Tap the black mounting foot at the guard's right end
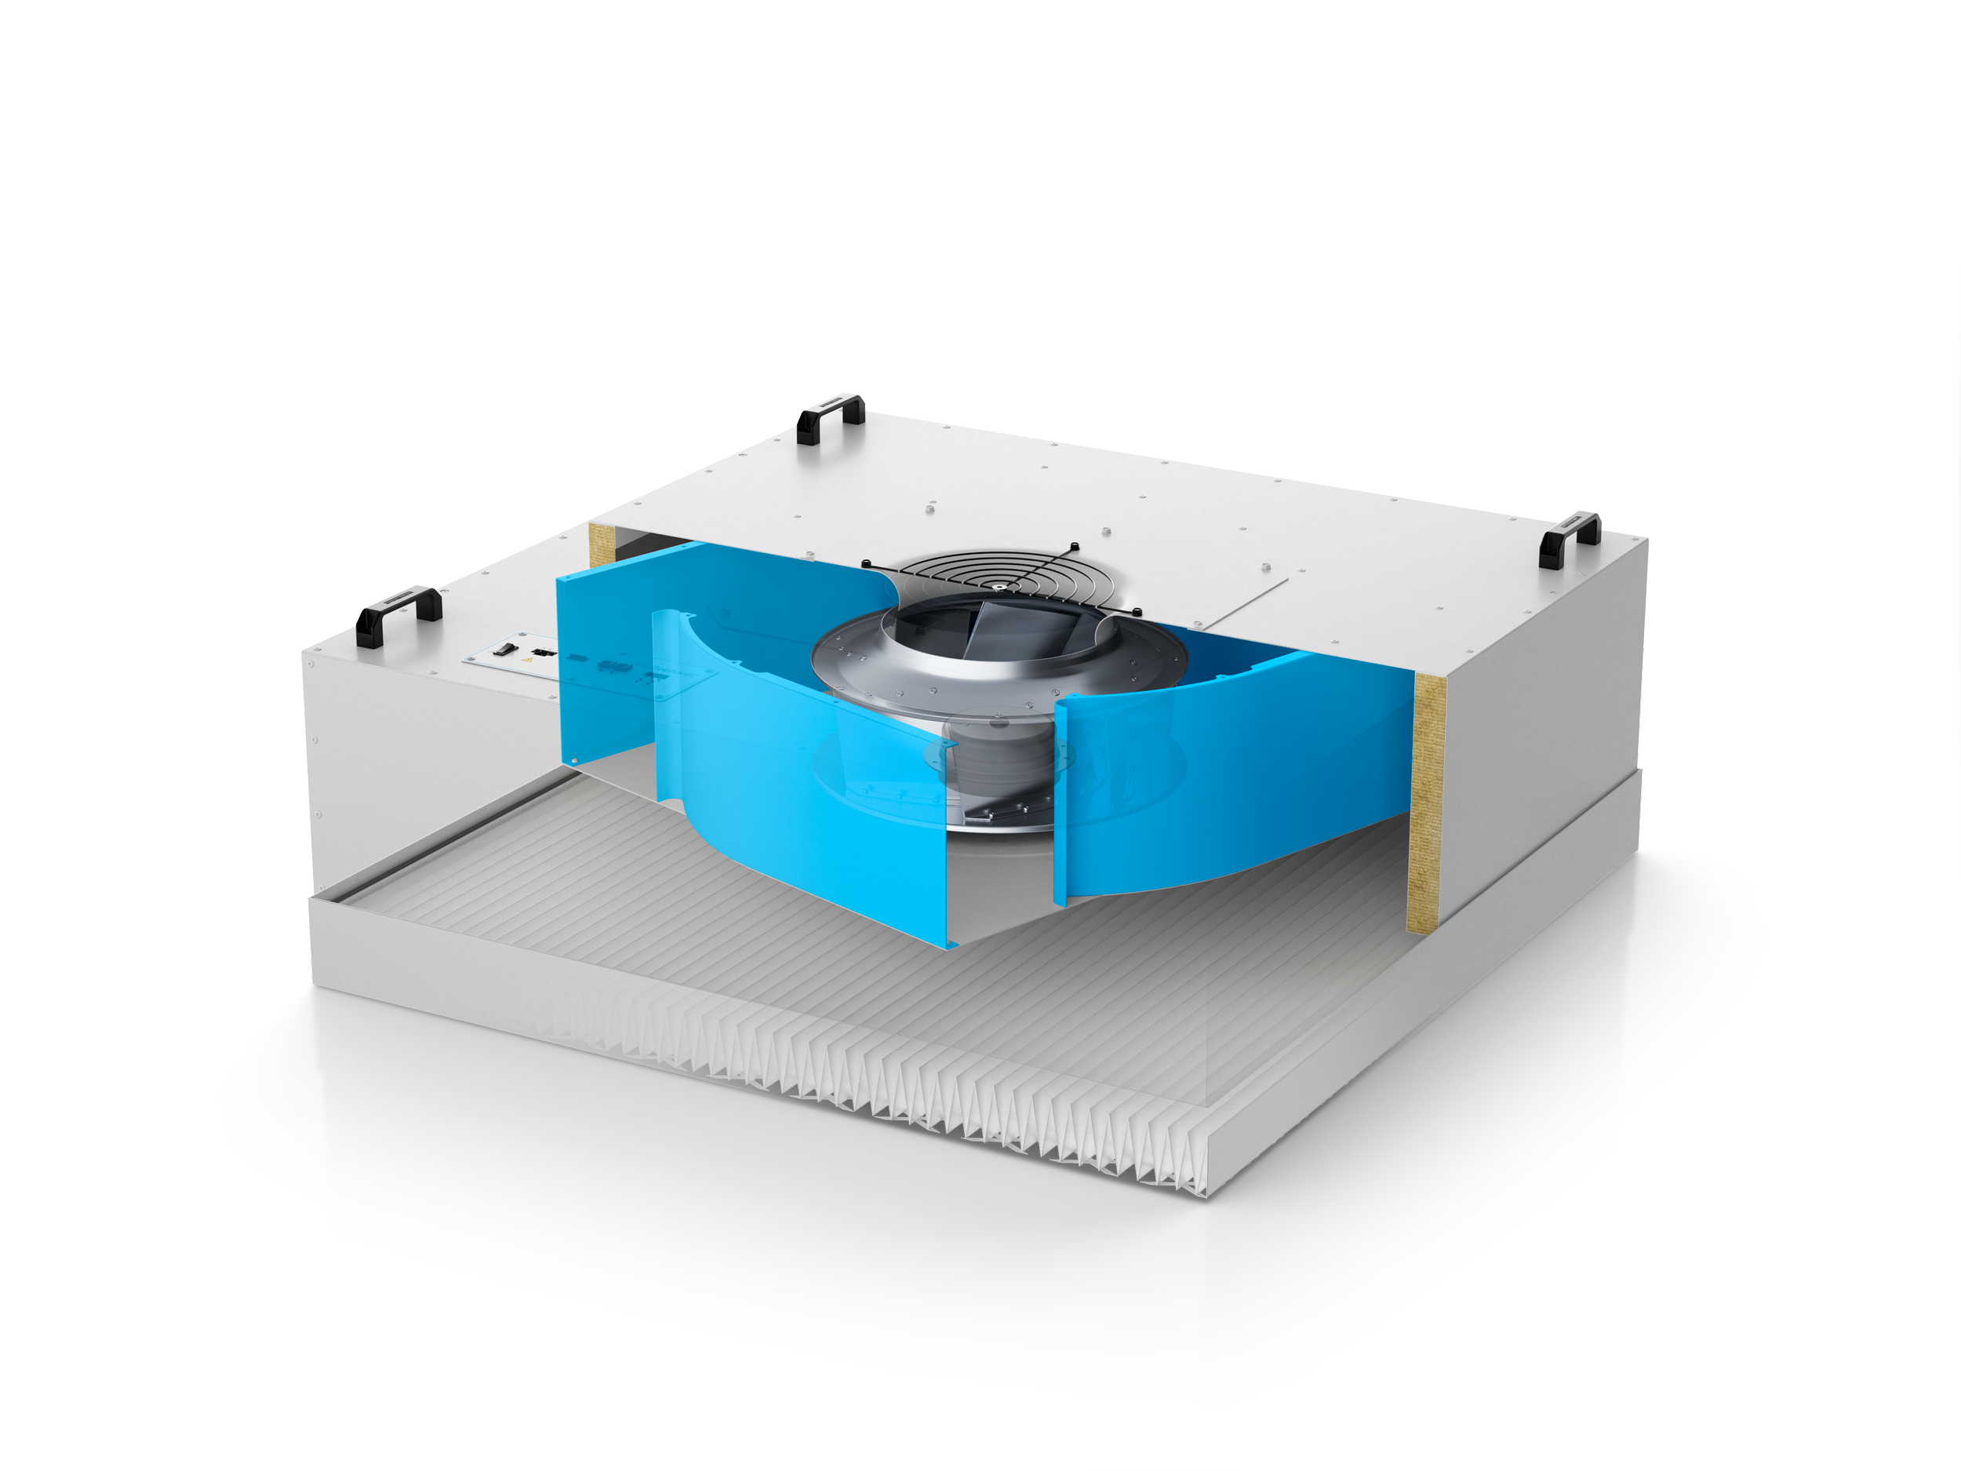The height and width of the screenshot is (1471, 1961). [x=1137, y=611]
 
